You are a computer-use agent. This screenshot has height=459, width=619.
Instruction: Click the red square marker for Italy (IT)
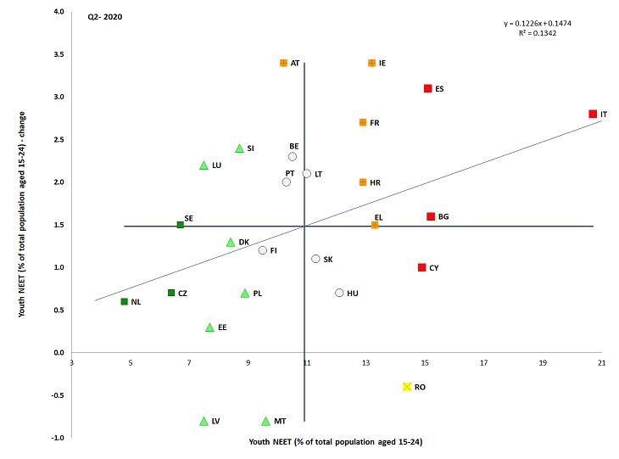point(593,114)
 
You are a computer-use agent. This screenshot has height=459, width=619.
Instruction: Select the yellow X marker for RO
point(407,387)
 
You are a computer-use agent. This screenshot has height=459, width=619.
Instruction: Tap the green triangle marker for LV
point(204,421)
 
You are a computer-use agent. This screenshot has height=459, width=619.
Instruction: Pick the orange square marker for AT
point(283,63)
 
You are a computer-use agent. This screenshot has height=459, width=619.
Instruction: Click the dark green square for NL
point(124,301)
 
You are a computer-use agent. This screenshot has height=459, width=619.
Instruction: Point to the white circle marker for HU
point(339,293)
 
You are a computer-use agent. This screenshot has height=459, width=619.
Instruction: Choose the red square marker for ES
point(427,88)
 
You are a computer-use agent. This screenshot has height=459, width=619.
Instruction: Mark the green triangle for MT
point(265,421)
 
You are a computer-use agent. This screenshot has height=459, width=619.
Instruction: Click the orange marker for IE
point(371,63)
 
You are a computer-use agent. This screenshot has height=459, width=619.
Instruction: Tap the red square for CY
point(421,267)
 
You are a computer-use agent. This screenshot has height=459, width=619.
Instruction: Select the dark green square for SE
point(180,225)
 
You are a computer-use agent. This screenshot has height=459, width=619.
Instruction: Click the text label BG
point(443,217)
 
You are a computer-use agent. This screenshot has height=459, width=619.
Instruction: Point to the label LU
point(216,165)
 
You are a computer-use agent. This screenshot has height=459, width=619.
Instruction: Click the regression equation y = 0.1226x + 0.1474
point(537,23)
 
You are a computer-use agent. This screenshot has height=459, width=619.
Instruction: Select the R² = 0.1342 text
point(537,33)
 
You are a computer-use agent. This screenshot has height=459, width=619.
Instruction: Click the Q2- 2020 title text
point(105,16)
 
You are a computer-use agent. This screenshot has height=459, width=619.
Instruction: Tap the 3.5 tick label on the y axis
point(59,54)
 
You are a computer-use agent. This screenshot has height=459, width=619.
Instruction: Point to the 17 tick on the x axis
point(483,364)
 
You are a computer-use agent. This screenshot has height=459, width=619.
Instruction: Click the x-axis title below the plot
point(336,442)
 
